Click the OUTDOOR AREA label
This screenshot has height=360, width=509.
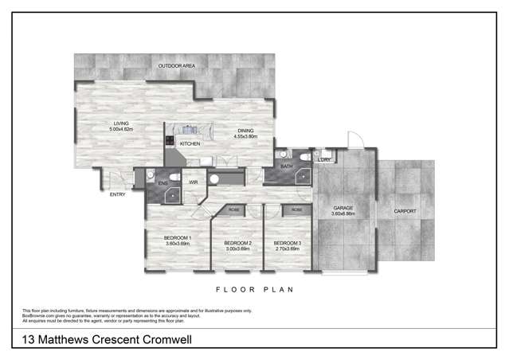[x=176, y=66]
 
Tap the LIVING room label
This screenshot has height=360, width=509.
[x=121, y=123]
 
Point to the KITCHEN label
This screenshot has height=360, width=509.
[x=190, y=143]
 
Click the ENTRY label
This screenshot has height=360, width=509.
[x=117, y=194]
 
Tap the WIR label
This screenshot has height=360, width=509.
[x=194, y=182]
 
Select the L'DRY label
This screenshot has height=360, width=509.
[x=323, y=160]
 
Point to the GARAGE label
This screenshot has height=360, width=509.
[x=343, y=209]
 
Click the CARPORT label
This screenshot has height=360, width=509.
[x=405, y=211]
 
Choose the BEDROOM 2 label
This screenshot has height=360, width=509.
[x=238, y=243]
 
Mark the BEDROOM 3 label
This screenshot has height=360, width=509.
[x=285, y=243]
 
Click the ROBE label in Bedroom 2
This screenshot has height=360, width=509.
[x=234, y=209]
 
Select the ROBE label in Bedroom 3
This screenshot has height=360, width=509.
[x=296, y=209]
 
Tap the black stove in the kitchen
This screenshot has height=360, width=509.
[x=170, y=142]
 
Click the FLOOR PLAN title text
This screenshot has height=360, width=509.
[x=255, y=290]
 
